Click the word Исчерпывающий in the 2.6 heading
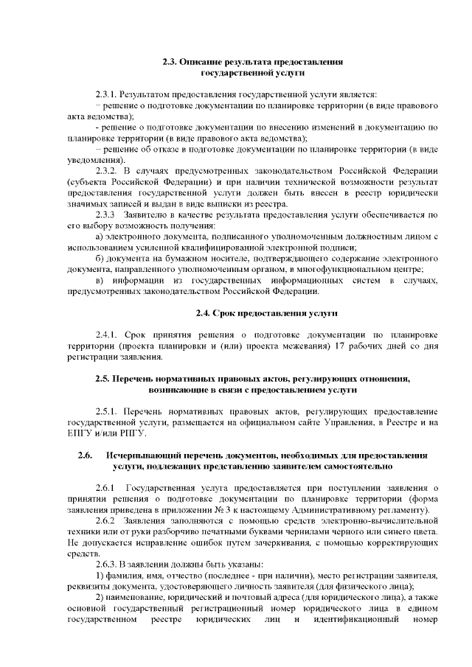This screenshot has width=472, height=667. pos(145,455)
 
